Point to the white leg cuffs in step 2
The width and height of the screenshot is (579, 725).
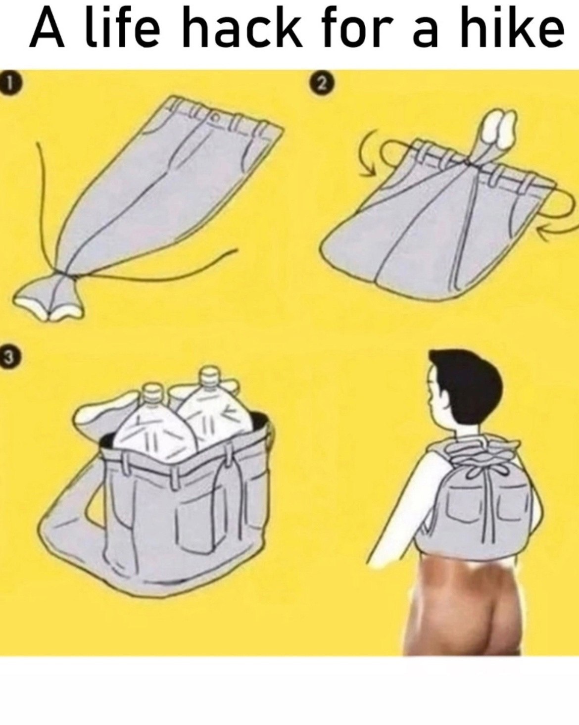[499, 128]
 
